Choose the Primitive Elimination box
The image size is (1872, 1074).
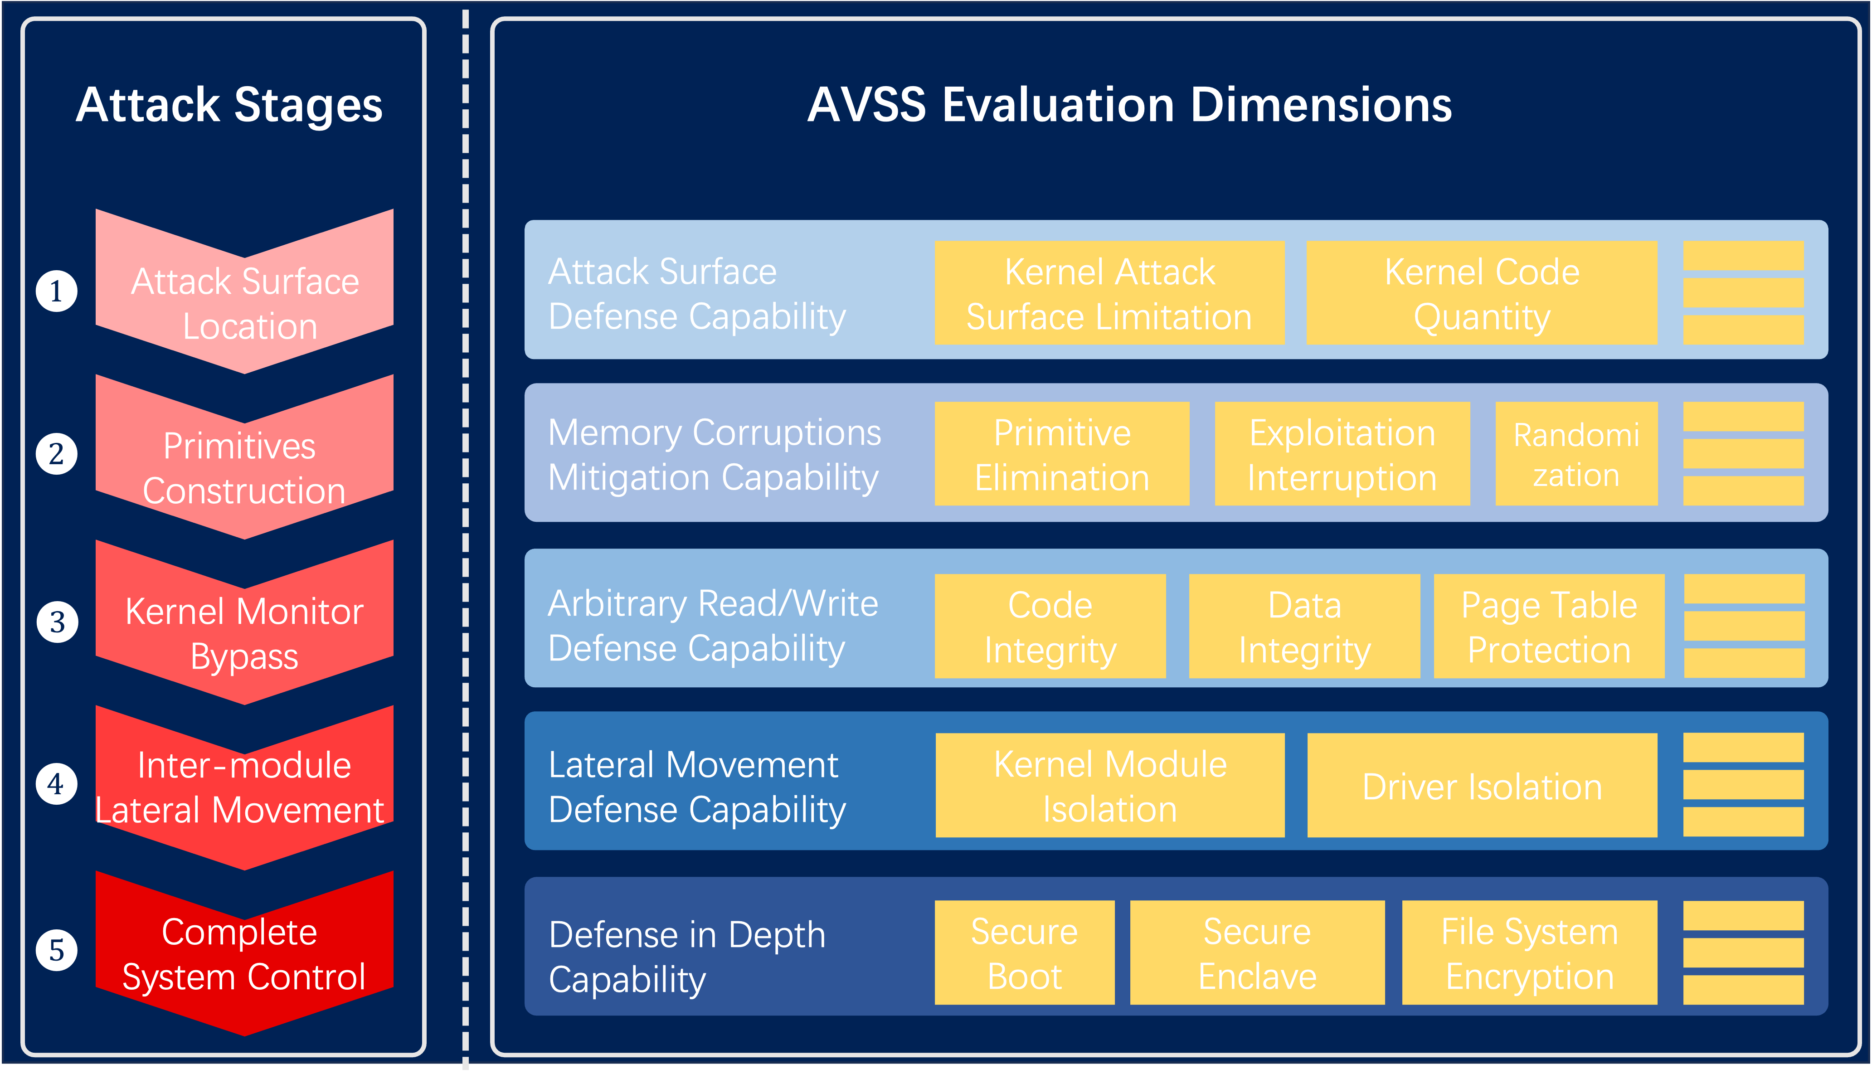click(1062, 454)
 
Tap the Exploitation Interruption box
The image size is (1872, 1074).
click(1342, 454)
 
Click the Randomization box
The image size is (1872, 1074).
click(1576, 454)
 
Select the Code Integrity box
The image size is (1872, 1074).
click(1050, 626)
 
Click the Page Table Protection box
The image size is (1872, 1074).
click(1549, 626)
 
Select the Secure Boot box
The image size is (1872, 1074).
click(1025, 953)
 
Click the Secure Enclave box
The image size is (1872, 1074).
click(1258, 953)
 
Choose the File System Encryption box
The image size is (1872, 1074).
click(1530, 953)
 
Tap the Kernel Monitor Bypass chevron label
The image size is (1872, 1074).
click(244, 634)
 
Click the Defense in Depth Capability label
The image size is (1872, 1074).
click(687, 957)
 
